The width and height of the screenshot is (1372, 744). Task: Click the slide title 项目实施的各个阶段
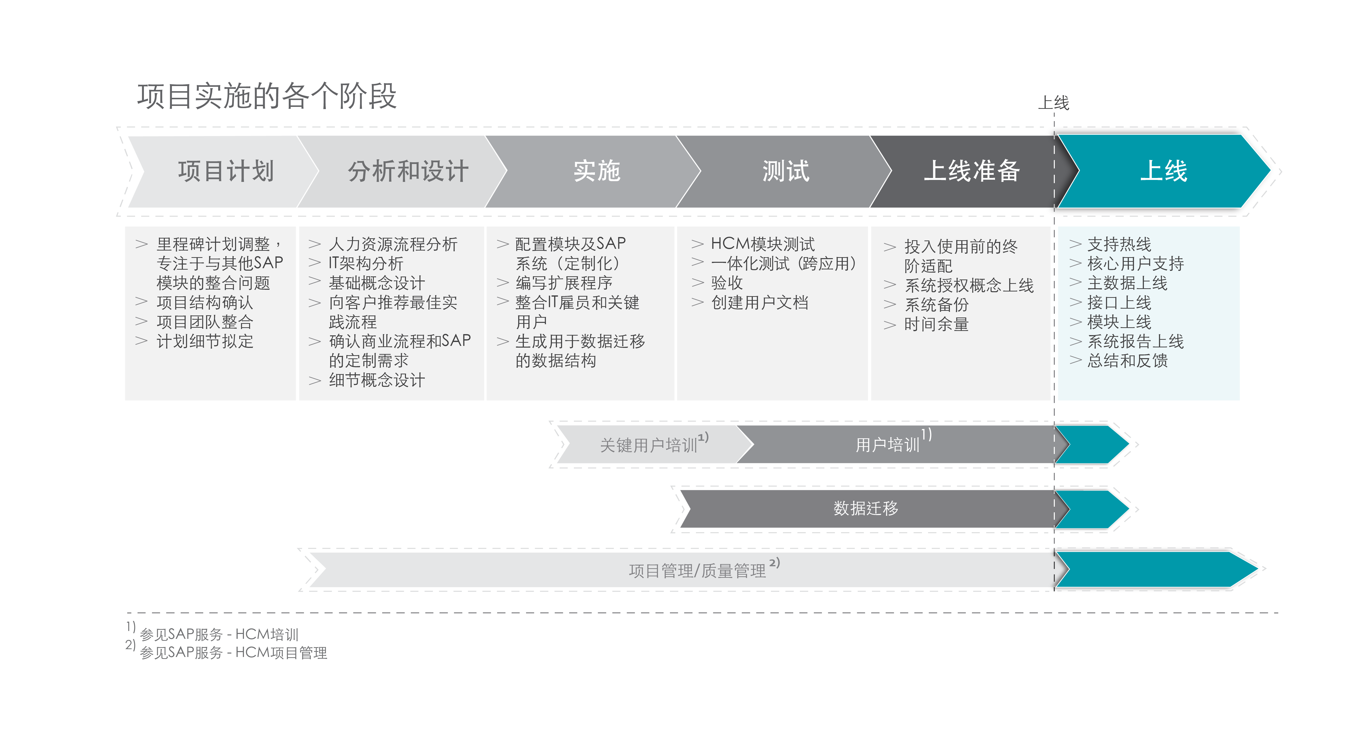click(267, 96)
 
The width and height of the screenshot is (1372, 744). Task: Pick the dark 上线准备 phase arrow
click(969, 172)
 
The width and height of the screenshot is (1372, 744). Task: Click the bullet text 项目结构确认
click(205, 303)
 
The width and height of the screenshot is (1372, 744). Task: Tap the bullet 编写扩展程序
click(564, 283)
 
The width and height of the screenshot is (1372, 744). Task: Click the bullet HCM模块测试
click(763, 244)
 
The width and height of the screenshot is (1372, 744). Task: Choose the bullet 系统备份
click(937, 305)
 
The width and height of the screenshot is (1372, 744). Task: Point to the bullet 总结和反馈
click(1128, 361)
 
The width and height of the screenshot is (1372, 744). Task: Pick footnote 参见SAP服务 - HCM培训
click(219, 634)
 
